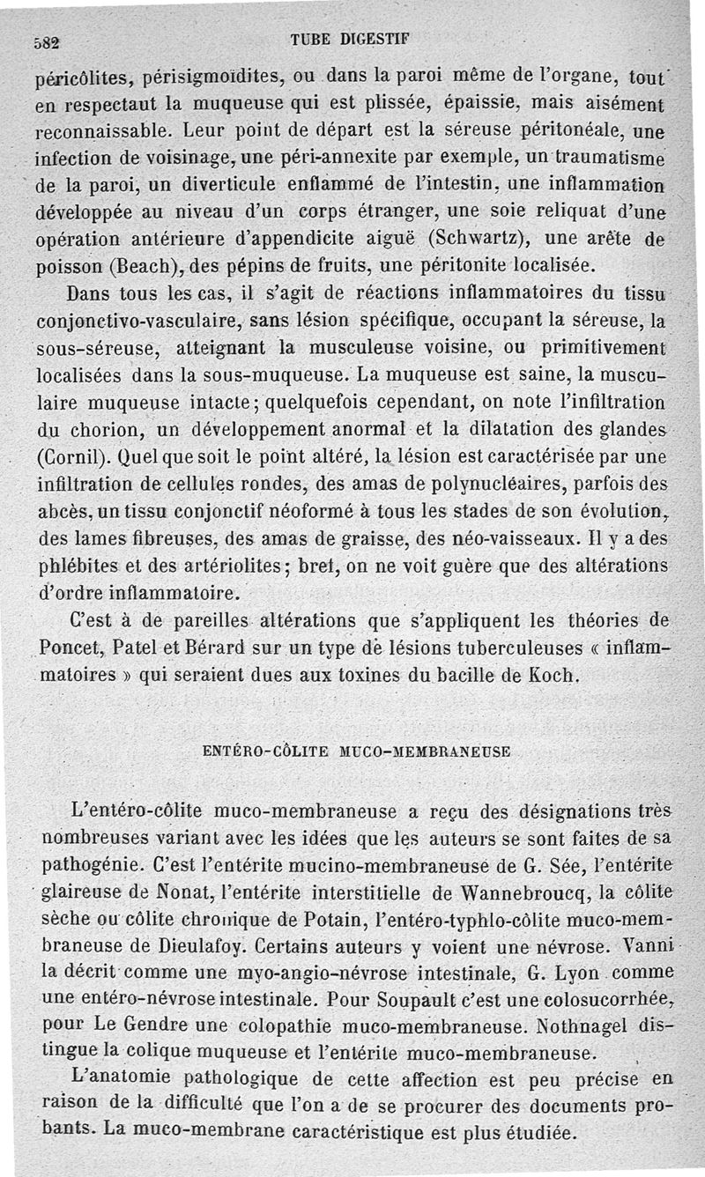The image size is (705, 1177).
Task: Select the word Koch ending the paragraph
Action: coord(557,677)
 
